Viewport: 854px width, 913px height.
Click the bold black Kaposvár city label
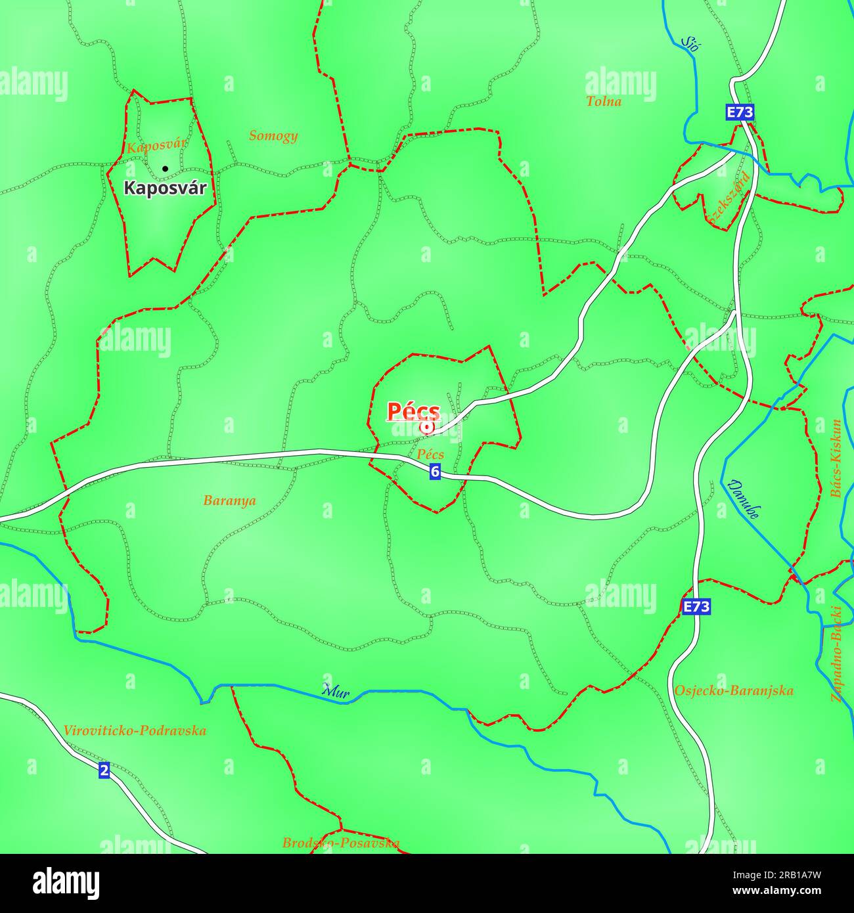[165, 189]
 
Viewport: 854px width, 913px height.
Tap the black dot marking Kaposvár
[165, 169]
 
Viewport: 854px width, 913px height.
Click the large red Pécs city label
[413, 411]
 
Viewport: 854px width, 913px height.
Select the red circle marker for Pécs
[427, 428]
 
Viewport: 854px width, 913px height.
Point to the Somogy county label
[273, 136]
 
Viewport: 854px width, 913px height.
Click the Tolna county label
[603, 102]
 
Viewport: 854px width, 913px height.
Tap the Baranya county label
[229, 501]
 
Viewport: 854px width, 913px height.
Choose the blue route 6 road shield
[435, 471]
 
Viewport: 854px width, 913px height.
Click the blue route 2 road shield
[104, 770]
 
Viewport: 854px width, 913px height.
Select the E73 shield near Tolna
[740, 112]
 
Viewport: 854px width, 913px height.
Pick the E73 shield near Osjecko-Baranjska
[696, 607]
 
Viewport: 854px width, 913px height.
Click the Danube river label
[744, 499]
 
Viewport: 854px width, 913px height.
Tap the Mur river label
[336, 691]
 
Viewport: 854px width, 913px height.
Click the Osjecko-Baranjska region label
[733, 691]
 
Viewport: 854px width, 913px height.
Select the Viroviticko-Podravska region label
[135, 731]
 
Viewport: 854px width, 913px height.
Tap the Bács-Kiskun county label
[836, 458]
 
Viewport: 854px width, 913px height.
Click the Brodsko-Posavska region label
[340, 843]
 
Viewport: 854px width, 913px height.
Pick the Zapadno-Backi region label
[837, 654]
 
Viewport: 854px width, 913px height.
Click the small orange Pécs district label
[430, 455]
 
